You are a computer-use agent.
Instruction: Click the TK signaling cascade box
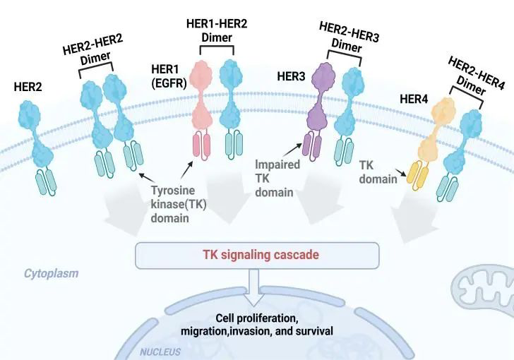[x=257, y=255]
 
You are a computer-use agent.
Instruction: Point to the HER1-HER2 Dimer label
[x=216, y=31]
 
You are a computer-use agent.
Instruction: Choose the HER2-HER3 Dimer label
[x=349, y=35]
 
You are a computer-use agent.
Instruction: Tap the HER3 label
[x=291, y=75]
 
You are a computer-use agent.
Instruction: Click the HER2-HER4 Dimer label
[x=476, y=76]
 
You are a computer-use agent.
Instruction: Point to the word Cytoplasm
[x=52, y=272]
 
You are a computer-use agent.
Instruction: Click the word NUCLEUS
[x=160, y=352]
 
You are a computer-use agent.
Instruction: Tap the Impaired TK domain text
[x=277, y=178]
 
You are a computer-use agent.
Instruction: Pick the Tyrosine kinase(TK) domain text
[x=177, y=203]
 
